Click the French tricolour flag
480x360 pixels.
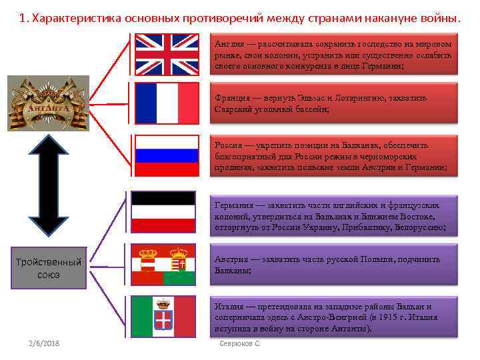[167, 103]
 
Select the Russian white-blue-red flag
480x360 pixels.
[167, 155]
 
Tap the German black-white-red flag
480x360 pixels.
[163, 213]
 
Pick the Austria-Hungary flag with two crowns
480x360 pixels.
[163, 265]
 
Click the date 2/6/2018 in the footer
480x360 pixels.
[43, 343]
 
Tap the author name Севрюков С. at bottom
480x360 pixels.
[239, 343]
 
